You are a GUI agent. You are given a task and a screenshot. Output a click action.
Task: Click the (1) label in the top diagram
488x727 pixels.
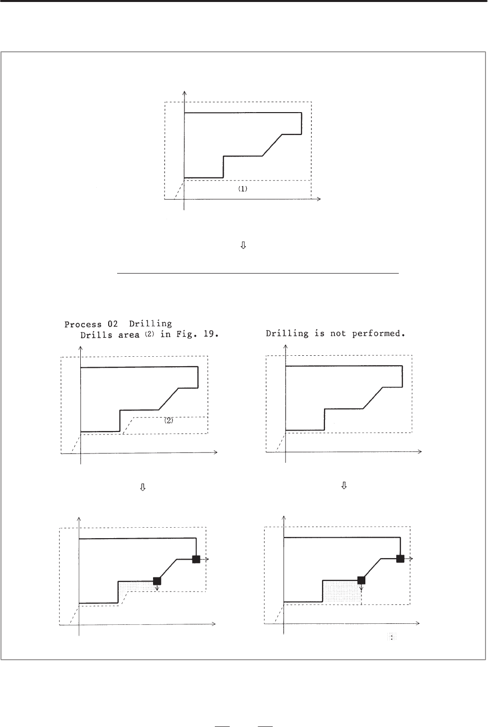click(243, 189)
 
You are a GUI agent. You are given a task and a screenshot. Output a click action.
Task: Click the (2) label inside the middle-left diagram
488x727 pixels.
click(168, 420)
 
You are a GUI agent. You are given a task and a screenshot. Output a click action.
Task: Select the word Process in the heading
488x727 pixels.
click(83, 324)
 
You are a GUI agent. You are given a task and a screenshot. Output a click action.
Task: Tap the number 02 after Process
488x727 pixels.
click(113, 324)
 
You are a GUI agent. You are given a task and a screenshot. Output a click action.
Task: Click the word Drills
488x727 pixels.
click(96, 335)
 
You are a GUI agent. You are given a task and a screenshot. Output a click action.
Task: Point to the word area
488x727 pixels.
click(129, 335)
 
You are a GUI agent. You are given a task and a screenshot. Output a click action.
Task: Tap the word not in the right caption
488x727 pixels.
click(338, 334)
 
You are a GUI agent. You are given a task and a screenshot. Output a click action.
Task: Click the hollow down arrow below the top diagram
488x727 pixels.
click(243, 245)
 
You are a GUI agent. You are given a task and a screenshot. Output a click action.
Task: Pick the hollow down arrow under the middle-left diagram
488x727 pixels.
click(143, 487)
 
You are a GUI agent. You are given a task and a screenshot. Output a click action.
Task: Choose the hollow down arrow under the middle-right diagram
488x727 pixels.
click(344, 485)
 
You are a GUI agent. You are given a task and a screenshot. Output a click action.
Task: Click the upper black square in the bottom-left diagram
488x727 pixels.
click(196, 559)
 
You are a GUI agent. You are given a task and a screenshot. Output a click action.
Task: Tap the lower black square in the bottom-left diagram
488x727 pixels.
click(157, 581)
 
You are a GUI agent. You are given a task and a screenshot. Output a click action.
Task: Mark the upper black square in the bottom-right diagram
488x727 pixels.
click(400, 559)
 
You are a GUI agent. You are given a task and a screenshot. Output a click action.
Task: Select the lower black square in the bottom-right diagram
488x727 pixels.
click(361, 580)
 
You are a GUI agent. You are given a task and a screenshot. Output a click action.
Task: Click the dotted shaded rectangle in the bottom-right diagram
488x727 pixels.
click(342, 592)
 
